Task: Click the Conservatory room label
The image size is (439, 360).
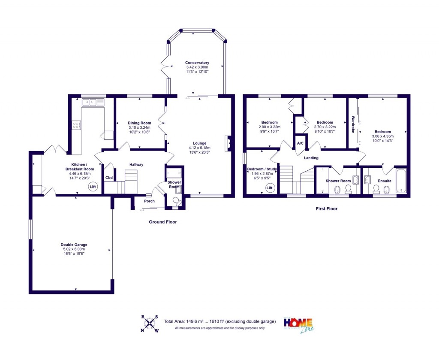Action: pos(197,63)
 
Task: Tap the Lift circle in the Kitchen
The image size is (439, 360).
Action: pos(93,187)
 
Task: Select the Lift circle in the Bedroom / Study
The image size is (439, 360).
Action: pos(270,188)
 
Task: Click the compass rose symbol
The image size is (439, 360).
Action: pos(150,324)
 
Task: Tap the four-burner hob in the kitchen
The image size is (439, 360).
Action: pos(77,125)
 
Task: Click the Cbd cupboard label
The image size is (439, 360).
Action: pos(109,178)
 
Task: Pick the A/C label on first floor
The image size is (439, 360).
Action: pos(300,143)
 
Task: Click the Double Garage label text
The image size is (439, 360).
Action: pos(74,245)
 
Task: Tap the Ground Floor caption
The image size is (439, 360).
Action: pos(162,222)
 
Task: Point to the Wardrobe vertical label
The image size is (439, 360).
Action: pos(353,124)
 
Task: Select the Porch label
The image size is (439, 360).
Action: pos(149,201)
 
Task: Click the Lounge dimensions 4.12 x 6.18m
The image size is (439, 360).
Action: pos(199,148)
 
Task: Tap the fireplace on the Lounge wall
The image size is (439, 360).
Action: pos(229,142)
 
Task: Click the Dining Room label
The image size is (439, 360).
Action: pos(140,123)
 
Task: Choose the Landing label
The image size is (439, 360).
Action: pos(311,158)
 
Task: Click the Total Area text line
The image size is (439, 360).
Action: pos(219,321)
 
